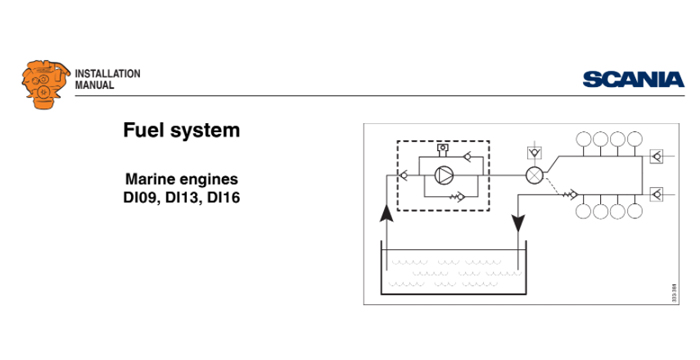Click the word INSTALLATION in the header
coord(108,74)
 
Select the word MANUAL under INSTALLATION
coord(95,86)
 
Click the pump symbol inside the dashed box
coord(443,174)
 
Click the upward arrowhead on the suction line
coord(384,213)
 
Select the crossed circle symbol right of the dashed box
coord(534,174)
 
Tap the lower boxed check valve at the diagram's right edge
coord(656,193)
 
